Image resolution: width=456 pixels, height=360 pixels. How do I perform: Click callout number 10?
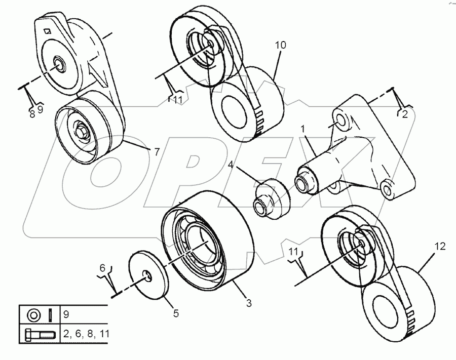coord(281,45)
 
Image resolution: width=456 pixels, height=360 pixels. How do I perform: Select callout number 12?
coord(439,247)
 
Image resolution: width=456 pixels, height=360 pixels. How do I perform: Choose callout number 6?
coord(102,267)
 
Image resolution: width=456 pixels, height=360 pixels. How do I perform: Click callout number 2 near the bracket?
coord(404,115)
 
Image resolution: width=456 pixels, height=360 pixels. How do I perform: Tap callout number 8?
coord(32,114)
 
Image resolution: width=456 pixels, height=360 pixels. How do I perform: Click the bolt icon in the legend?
coord(39,334)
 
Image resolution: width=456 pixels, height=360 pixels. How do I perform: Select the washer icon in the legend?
coord(32,315)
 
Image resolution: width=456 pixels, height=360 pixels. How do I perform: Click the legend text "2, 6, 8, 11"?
coord(87,334)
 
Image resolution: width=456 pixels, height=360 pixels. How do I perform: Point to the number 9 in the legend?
coord(66,314)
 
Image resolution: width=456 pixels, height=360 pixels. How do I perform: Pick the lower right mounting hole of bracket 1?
coord(388,190)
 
